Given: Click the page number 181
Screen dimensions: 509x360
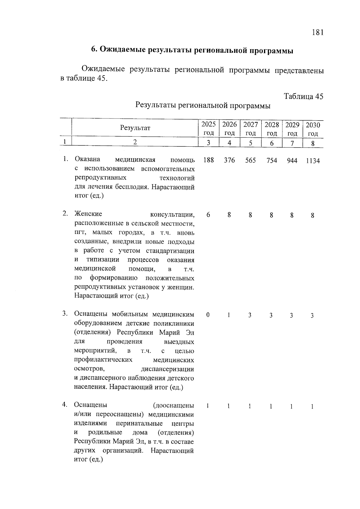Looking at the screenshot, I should coord(318,32).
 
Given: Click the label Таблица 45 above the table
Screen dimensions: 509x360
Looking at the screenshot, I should coord(304,96).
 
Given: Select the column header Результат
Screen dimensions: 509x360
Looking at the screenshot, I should coord(135,128).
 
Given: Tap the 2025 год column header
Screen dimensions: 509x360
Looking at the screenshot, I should coord(208,128).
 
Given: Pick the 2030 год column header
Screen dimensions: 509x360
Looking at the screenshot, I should coord(313,129).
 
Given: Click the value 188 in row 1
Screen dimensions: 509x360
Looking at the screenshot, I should coord(208,160).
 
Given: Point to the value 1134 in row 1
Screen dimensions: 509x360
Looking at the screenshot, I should coord(313,161).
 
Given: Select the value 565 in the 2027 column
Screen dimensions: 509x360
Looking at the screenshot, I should coord(250,160).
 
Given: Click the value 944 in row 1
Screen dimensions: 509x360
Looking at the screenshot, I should coord(292,161).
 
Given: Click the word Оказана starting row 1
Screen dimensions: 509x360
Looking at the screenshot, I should coord(88,159).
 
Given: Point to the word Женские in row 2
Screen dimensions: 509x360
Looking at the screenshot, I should coord(88,214).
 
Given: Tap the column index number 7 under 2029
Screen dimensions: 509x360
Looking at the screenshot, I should coord(292,143).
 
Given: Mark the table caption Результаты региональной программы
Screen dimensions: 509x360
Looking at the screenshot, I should coord(203,106).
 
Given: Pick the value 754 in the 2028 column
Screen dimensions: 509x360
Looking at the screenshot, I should coord(271,161).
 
